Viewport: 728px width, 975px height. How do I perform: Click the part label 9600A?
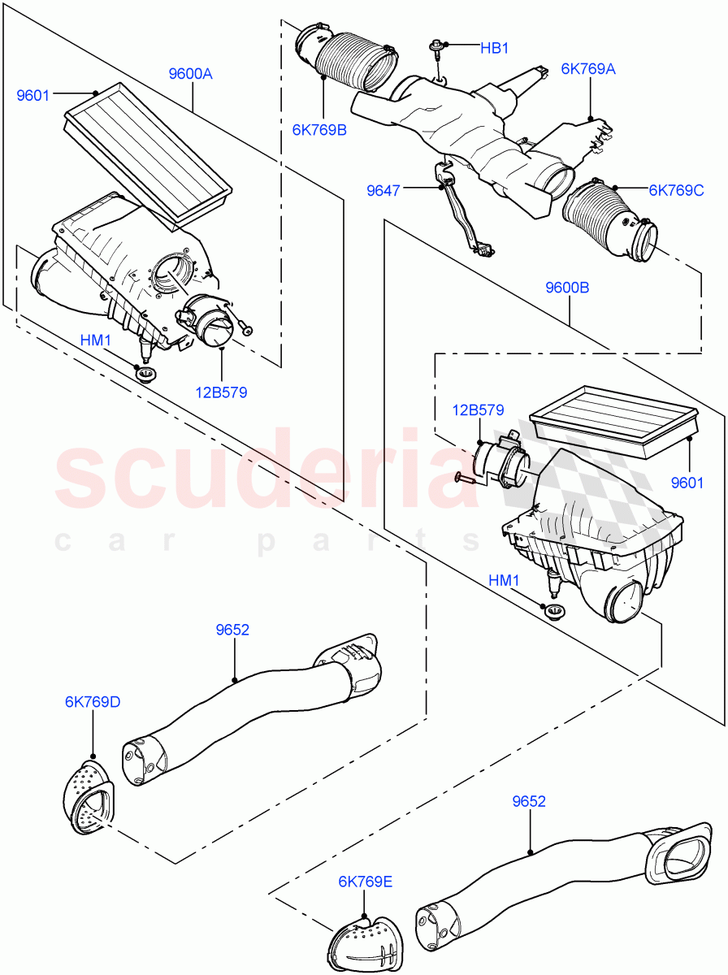point(190,74)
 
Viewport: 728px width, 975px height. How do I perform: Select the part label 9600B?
point(567,287)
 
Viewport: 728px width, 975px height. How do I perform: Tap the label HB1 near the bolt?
point(494,49)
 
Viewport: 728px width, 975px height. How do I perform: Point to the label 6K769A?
point(588,69)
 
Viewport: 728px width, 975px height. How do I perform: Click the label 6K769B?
point(319,129)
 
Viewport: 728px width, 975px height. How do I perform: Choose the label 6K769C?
point(676,190)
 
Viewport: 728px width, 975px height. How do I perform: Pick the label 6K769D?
point(93,701)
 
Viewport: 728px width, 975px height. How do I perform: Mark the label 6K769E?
point(366,881)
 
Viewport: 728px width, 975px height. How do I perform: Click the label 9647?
point(383,190)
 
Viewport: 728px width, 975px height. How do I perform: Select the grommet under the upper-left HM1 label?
point(146,375)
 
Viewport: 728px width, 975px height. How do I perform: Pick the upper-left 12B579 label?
point(220,392)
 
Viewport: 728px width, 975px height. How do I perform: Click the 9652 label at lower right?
point(529,801)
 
